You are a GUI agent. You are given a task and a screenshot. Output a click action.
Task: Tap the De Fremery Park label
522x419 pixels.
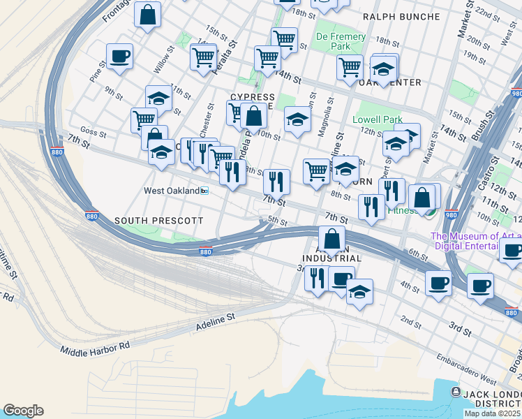pyautogui.click(x=341, y=41)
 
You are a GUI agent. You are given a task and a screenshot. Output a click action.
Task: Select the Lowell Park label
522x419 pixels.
pyautogui.click(x=374, y=119)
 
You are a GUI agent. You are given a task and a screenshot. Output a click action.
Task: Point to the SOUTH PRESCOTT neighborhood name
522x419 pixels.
pyautogui.click(x=159, y=221)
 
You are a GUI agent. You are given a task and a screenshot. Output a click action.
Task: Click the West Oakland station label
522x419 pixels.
pyautogui.click(x=171, y=190)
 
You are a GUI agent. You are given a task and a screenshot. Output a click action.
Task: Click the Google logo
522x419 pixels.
pyautogui.click(x=23, y=411)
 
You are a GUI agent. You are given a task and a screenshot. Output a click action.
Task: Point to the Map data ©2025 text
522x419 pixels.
pyautogui.click(x=493, y=413)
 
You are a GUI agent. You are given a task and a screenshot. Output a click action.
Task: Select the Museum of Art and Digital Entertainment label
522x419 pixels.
pyautogui.click(x=476, y=241)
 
